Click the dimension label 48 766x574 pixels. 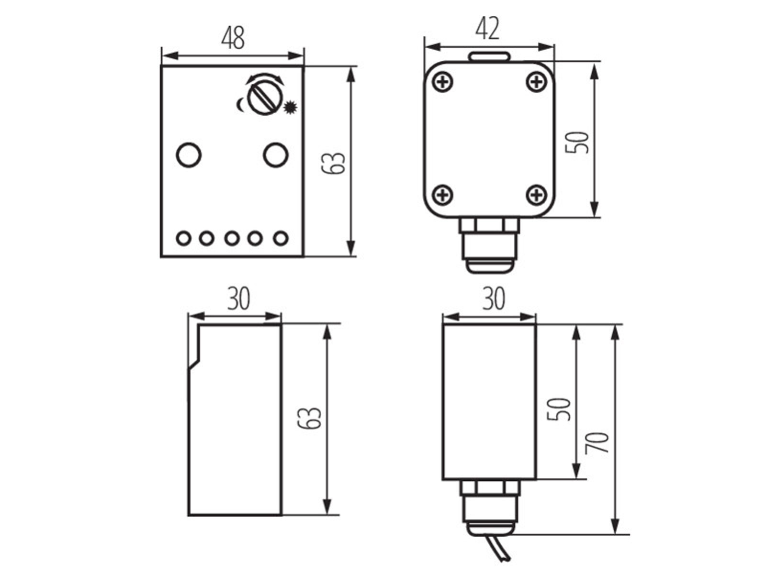coord(233,38)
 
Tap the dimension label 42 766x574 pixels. coord(487,28)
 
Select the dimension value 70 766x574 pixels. coord(597,442)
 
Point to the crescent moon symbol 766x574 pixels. coord(240,105)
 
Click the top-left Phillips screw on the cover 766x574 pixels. coord(442,83)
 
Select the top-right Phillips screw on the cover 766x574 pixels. coord(536,83)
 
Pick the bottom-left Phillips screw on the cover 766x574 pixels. coord(442,194)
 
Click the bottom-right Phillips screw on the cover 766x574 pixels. coord(536,194)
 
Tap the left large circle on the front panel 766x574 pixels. coord(189,155)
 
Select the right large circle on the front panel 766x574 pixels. coord(275,155)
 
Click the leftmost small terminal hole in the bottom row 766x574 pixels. coord(183,239)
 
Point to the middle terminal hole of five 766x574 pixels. coord(232,239)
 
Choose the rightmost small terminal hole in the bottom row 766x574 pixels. coord(281,239)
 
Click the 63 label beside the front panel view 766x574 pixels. coord(333,163)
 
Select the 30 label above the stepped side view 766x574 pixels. coord(239,298)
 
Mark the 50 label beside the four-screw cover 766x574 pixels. coord(577,142)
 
